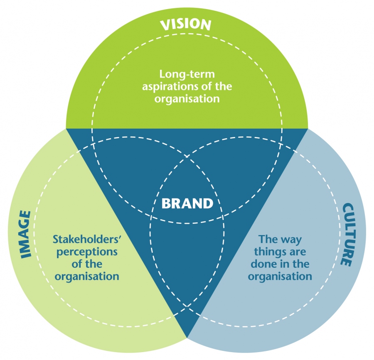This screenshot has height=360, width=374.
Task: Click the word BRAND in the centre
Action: [187, 203]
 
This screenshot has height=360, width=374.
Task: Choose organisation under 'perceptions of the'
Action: [87, 276]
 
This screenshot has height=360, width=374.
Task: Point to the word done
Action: [258, 264]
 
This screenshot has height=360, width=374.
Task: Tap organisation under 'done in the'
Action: [280, 276]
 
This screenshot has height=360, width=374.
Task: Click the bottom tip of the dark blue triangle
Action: [187, 337]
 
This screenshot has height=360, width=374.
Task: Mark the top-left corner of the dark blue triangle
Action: [66, 128]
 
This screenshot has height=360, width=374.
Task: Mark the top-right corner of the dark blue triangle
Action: [308, 128]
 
